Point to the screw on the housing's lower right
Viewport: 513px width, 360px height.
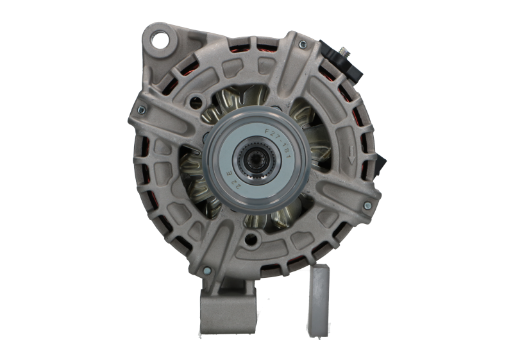point(367,206)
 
